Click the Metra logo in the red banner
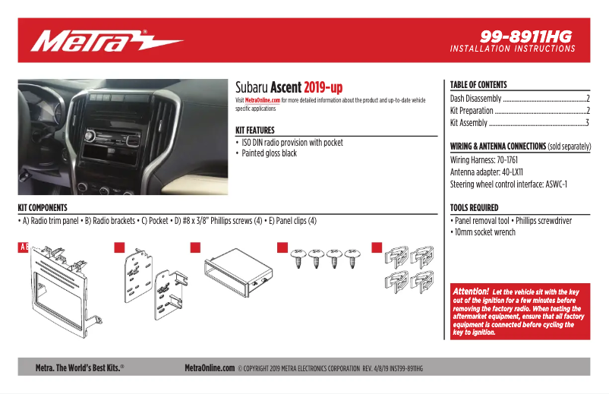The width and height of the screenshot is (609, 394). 106,41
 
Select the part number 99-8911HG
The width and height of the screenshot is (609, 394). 526,36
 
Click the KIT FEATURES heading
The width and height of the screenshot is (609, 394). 255,131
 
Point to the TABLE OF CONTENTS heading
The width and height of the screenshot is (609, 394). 478,85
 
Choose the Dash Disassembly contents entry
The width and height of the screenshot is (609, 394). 476,99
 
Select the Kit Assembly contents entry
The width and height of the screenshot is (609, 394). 469,122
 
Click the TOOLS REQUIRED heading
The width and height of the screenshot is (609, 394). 475,207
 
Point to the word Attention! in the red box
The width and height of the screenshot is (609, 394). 471,292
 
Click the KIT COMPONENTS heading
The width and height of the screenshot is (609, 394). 43,207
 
